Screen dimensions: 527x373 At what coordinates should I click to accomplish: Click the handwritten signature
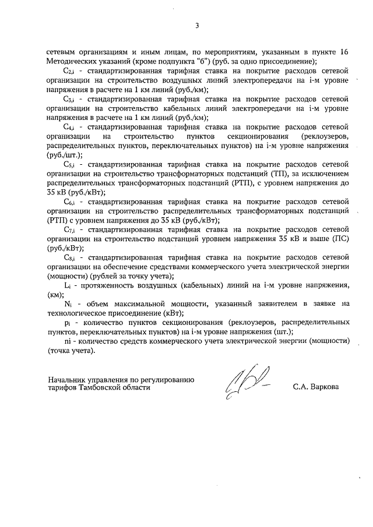click(245, 381)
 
